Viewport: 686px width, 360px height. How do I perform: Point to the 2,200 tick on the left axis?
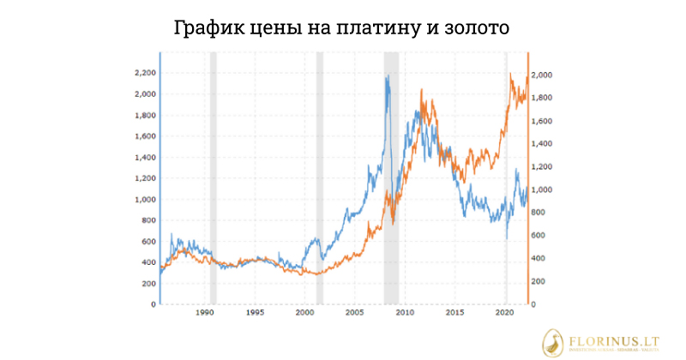(x=143, y=73)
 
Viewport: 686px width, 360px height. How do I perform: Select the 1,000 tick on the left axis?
(x=143, y=199)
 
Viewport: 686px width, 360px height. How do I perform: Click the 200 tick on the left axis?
(x=147, y=283)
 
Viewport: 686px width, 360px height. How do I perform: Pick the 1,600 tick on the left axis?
(x=143, y=136)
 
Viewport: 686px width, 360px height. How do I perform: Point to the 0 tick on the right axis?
(x=537, y=304)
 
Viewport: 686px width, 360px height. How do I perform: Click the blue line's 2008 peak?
(x=388, y=76)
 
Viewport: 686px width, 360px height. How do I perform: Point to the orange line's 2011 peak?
(x=422, y=89)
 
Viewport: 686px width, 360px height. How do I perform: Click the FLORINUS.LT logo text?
(x=613, y=339)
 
